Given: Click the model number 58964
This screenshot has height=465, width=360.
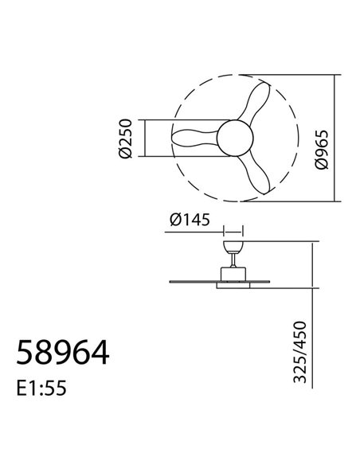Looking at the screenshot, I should [x=64, y=350].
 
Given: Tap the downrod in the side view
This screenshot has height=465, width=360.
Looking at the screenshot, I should [x=233, y=257].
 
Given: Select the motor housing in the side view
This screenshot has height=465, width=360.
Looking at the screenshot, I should [x=233, y=273].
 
